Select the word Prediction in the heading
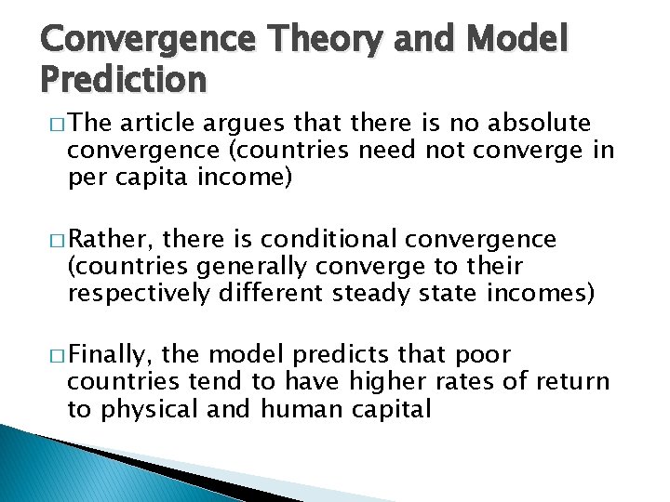123,81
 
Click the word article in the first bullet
161,123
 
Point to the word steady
373,294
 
